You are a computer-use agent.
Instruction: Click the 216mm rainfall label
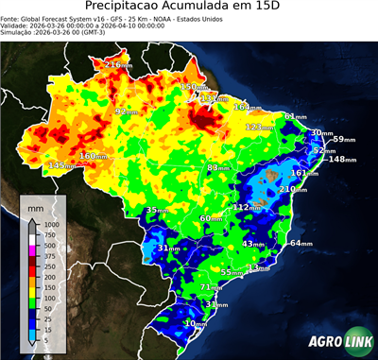click(x=118, y=65)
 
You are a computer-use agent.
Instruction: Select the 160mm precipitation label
click(x=93, y=156)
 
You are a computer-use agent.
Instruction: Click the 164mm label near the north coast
click(x=248, y=107)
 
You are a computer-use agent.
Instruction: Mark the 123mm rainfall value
click(x=259, y=127)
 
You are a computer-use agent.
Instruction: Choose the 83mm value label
click(x=218, y=167)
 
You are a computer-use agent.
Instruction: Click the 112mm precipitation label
click(x=247, y=207)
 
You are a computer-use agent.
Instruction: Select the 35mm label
click(x=156, y=210)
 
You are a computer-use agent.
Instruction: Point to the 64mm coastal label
click(x=301, y=244)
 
